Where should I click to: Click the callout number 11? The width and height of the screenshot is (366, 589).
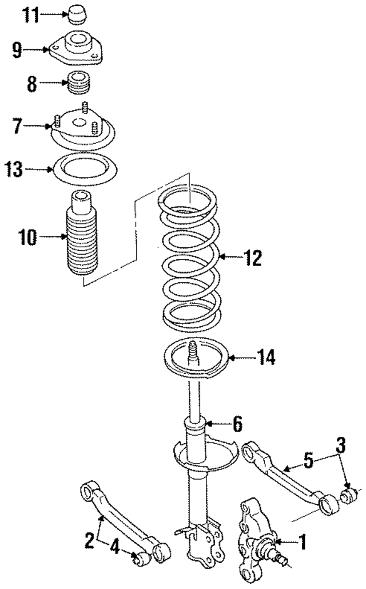pyautogui.click(x=31, y=15)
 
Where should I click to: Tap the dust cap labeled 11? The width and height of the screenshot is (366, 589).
pyautogui.click(x=77, y=13)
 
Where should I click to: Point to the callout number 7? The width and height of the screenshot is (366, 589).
pyautogui.click(x=18, y=125)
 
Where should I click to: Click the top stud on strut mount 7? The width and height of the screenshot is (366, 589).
pyautogui.click(x=85, y=107)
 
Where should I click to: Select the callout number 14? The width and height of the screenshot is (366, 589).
pyautogui.click(x=265, y=358)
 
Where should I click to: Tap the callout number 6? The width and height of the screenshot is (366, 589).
pyautogui.click(x=236, y=424)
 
